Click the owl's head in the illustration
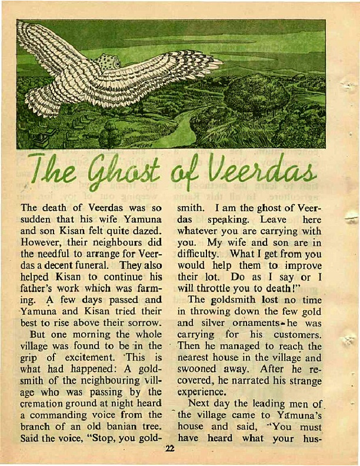click(x=108, y=61)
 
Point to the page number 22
click(x=171, y=448)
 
